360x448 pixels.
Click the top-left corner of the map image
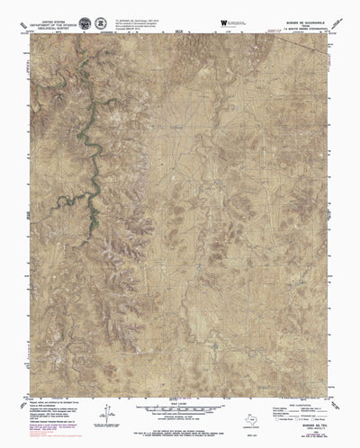(30, 37)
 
